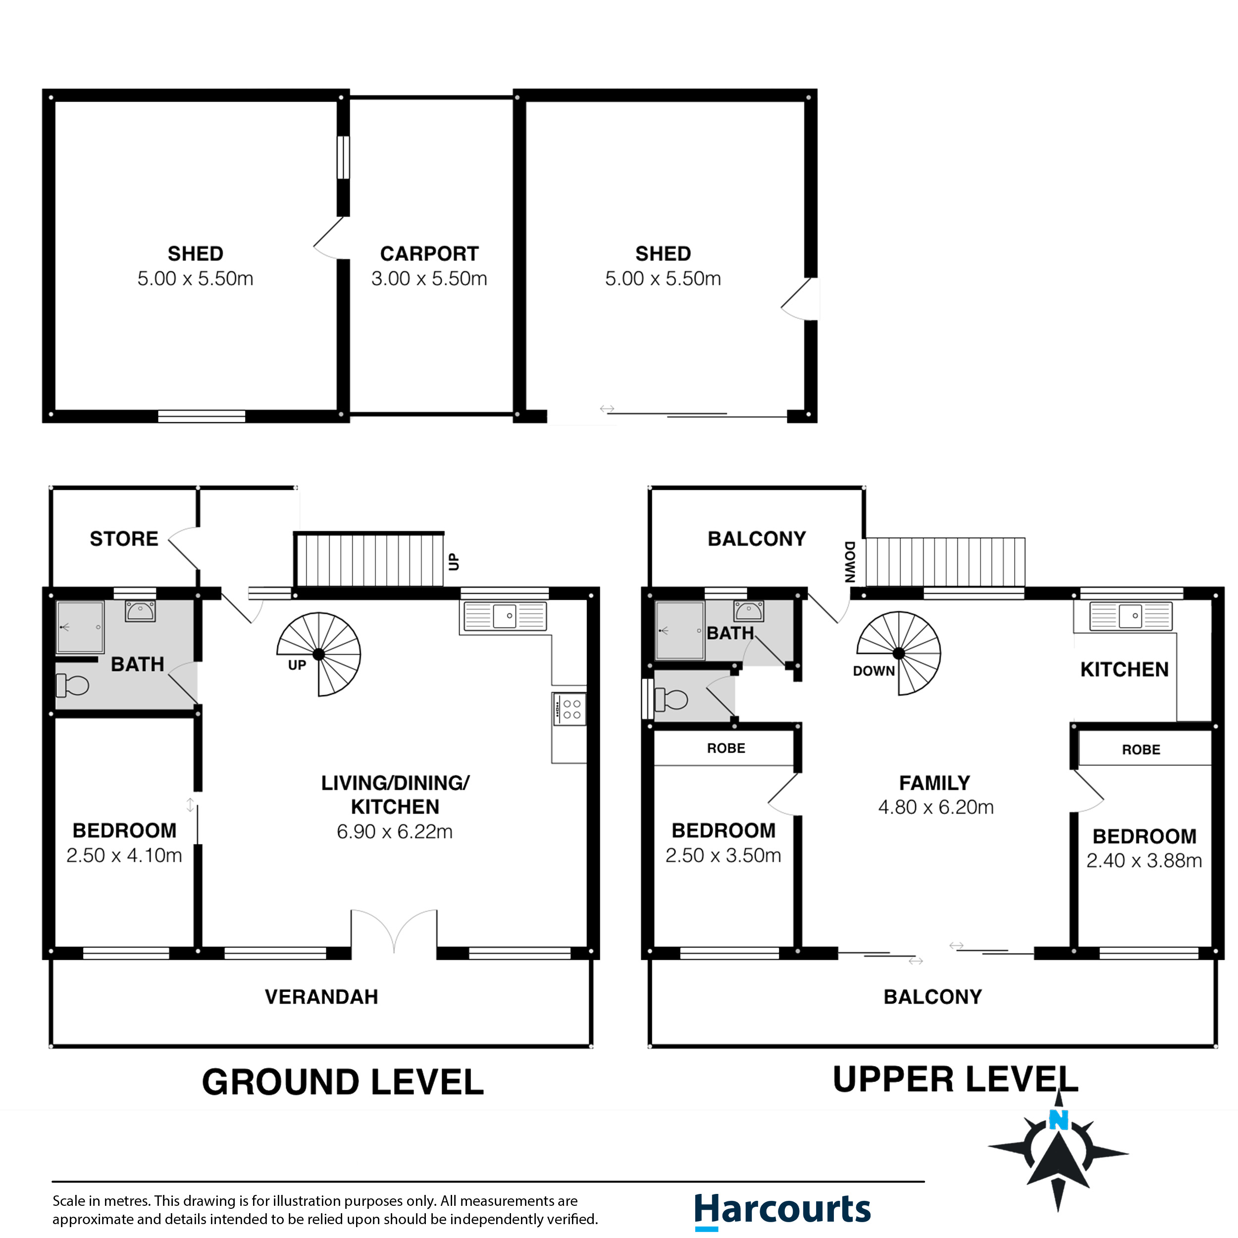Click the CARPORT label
(x=429, y=254)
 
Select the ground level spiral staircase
(x=319, y=654)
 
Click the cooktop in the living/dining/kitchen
(x=569, y=709)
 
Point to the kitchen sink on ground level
(x=506, y=617)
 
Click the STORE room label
(x=124, y=539)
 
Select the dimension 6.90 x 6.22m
(x=395, y=832)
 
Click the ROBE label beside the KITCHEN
(x=1141, y=750)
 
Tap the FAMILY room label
(x=935, y=783)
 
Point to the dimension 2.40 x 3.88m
(x=1144, y=861)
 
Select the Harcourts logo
(x=782, y=1210)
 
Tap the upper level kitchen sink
(x=1131, y=617)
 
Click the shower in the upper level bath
(x=679, y=630)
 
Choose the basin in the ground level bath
(x=140, y=611)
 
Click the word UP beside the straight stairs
(x=454, y=562)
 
